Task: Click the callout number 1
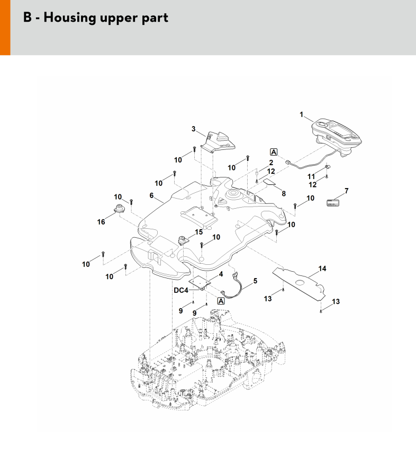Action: coord(302,114)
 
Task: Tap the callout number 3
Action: coord(194,129)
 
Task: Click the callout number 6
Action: coord(151,195)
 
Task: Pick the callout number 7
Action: coord(347,190)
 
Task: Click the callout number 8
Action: coord(284,193)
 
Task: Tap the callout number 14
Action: coord(322,269)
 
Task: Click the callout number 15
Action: coord(199,232)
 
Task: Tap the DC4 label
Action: coord(181,290)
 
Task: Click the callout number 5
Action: coord(256,281)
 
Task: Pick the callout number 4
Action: coord(221,274)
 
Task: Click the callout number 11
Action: coord(312,175)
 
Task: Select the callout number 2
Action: coord(270,162)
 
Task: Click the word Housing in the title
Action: coord(66,17)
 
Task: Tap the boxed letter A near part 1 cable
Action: coord(274,152)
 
